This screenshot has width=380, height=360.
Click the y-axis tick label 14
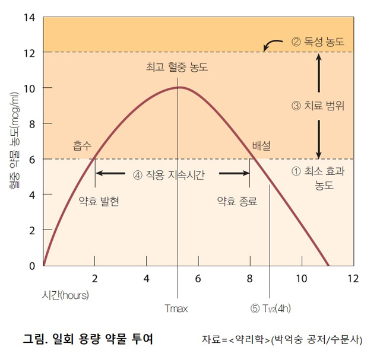click(x=29, y=17)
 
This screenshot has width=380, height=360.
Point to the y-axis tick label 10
click(x=29, y=88)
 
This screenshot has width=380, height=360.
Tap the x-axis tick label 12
click(x=353, y=278)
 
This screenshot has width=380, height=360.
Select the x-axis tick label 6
click(x=198, y=278)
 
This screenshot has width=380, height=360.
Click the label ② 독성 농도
click(x=318, y=42)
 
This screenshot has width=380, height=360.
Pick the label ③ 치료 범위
click(x=318, y=106)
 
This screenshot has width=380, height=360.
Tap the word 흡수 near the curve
click(x=83, y=145)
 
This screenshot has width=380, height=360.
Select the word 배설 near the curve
click(x=261, y=145)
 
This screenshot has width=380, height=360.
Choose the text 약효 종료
click(x=237, y=201)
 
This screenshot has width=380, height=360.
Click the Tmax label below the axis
click(x=177, y=308)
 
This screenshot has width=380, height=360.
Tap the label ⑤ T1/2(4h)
click(x=271, y=308)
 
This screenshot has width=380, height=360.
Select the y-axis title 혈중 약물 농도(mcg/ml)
click(x=13, y=140)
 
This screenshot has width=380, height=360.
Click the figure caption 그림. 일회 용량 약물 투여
click(x=87, y=339)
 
